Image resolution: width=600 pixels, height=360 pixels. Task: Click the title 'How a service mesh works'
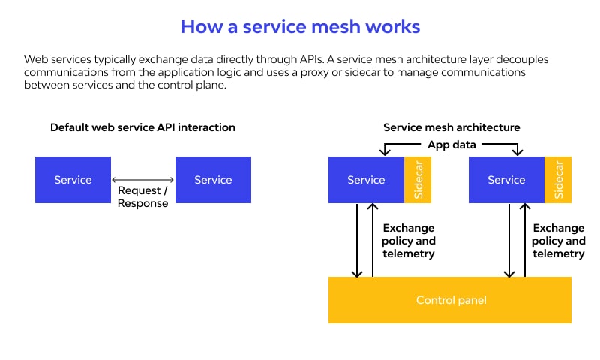(300, 27)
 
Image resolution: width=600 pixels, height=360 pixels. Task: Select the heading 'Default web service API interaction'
(142, 127)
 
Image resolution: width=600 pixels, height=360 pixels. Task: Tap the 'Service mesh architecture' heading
(451, 127)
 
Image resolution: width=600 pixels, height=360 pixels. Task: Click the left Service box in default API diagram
(73, 180)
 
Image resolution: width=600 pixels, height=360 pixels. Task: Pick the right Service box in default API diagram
(213, 180)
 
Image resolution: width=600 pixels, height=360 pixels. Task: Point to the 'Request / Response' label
(142, 197)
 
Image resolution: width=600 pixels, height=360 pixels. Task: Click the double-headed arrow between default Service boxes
(142, 180)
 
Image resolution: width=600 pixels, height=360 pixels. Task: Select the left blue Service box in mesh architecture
(366, 180)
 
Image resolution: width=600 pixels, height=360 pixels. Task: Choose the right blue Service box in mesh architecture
(506, 180)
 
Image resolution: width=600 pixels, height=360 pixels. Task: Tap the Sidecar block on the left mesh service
(418, 180)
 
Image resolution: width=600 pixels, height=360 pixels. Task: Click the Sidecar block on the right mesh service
(558, 180)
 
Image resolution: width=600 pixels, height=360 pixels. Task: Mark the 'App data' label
(451, 145)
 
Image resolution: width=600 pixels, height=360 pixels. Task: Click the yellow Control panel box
(450, 300)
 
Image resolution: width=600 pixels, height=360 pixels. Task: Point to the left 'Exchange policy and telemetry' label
(409, 241)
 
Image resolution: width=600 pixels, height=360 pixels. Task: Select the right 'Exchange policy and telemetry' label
(559, 241)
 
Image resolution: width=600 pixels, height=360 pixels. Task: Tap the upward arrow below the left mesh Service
(373, 240)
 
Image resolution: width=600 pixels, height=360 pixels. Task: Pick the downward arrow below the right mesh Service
(511, 240)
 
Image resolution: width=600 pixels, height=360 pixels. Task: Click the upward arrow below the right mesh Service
(524, 240)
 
